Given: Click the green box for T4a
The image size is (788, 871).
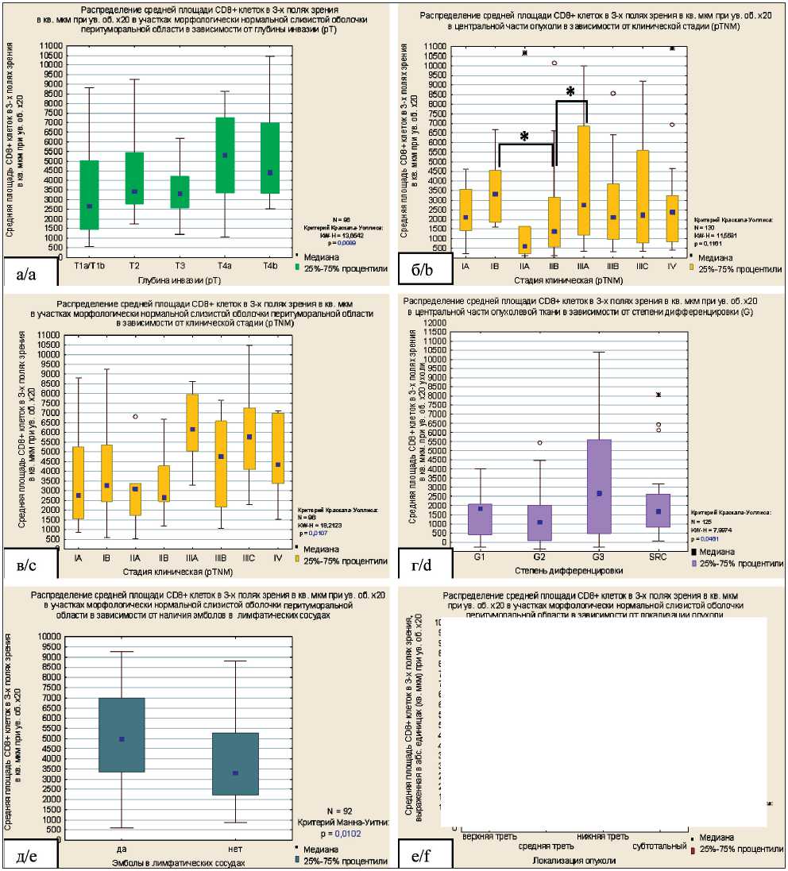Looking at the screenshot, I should click(225, 155).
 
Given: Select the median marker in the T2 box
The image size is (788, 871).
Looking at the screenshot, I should click(134, 191).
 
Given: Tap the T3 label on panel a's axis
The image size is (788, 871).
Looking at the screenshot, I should click(180, 267).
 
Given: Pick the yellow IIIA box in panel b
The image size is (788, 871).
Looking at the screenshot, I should click(584, 180).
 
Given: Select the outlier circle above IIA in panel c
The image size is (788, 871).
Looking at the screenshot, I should click(136, 416).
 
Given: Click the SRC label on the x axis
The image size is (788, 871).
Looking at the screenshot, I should click(659, 560).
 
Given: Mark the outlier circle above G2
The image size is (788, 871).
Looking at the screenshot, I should click(539, 442).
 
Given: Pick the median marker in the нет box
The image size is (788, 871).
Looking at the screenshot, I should click(236, 773).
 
